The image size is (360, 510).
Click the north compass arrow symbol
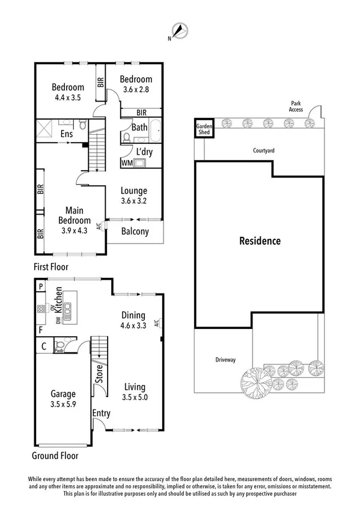[x=180, y=30]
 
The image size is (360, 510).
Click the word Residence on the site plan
[x=260, y=241]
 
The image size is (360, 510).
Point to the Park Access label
[x=296, y=106]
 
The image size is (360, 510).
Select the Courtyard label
[x=263, y=151]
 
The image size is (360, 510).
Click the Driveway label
[x=225, y=360]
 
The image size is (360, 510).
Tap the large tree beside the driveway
[x=257, y=381]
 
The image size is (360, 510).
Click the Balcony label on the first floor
[x=136, y=232]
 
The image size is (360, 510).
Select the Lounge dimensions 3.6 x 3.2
[x=134, y=202]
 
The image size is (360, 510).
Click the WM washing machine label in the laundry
[x=127, y=163]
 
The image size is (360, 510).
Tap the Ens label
[x=66, y=134]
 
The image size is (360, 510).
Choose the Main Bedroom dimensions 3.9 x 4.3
[x=75, y=229]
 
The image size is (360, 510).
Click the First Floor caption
[x=50, y=266]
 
